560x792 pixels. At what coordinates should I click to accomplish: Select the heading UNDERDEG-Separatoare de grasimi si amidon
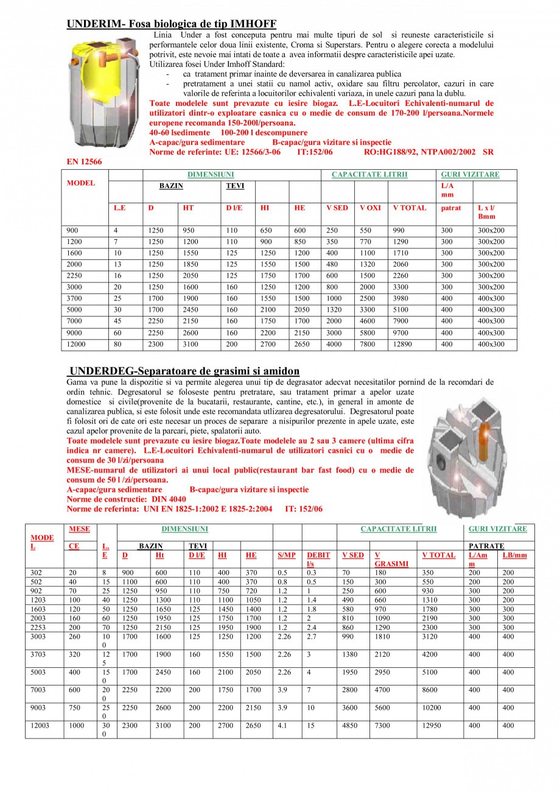(184, 371)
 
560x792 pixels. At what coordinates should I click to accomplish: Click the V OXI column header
(370, 208)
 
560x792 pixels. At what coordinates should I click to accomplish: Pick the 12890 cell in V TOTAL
(404, 345)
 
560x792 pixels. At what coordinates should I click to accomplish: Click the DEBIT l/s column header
(318, 559)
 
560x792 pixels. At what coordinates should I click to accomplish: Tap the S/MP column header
(286, 555)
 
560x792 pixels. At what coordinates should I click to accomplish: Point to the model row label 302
(37, 573)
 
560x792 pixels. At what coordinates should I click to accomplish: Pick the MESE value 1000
(77, 726)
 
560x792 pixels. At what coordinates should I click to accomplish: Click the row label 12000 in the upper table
(77, 345)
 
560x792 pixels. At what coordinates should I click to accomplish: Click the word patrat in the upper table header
(451, 208)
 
